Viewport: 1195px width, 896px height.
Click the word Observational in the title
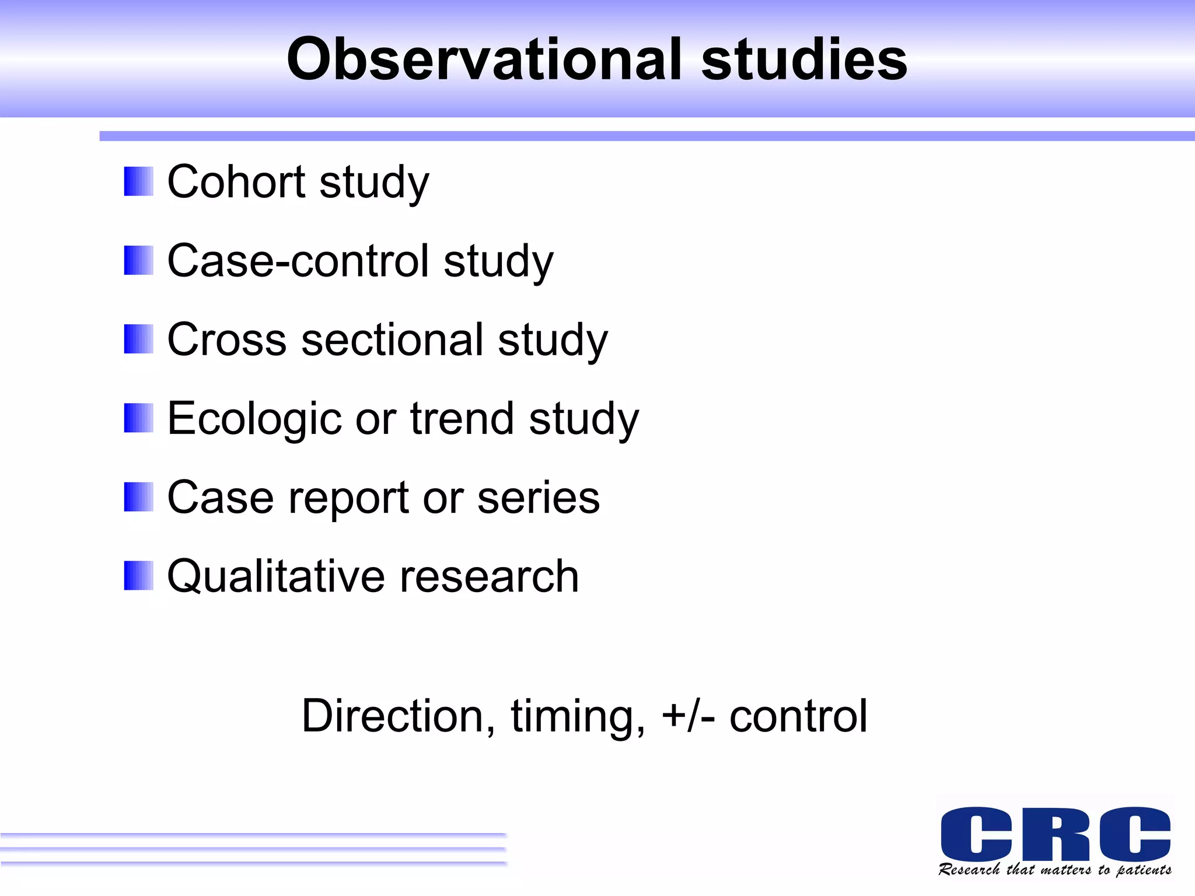click(x=484, y=60)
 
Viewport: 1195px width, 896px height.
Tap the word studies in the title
click(x=804, y=60)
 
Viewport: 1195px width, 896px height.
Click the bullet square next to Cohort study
click(x=138, y=181)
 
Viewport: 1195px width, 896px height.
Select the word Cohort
click(x=236, y=181)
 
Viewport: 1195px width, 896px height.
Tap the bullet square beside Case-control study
click(x=138, y=260)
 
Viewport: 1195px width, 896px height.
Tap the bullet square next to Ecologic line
click(x=138, y=418)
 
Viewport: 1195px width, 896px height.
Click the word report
click(x=348, y=498)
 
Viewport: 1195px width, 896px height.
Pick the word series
click(x=538, y=498)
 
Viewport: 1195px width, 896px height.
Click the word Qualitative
click(x=276, y=576)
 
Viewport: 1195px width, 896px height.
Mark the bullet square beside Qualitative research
click(x=138, y=576)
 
